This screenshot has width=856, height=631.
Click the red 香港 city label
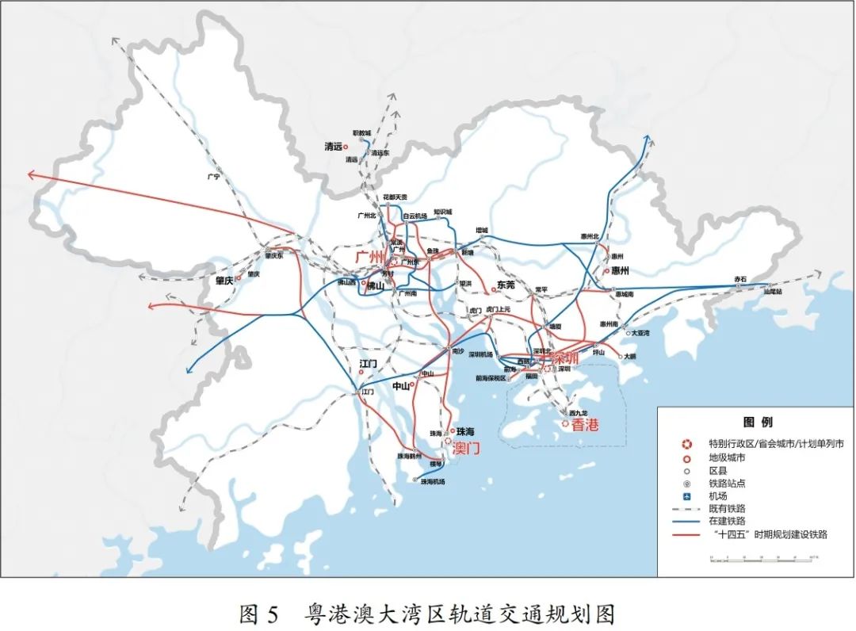[x=585, y=425]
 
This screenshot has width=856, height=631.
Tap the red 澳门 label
[x=466, y=449]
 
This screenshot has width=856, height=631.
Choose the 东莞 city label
[x=506, y=285]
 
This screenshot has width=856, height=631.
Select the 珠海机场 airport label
[x=433, y=482]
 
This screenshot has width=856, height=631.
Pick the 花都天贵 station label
[x=395, y=197]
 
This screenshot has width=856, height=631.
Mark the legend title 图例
[x=757, y=422]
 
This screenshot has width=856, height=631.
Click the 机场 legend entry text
[x=718, y=495]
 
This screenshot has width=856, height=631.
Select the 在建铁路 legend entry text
[x=728, y=522]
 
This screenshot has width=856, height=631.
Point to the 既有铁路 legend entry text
[x=728, y=508]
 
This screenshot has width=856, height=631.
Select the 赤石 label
[x=740, y=279]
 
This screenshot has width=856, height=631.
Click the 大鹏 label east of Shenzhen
[x=629, y=357]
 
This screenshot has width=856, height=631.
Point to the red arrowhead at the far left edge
[x=32, y=174]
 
